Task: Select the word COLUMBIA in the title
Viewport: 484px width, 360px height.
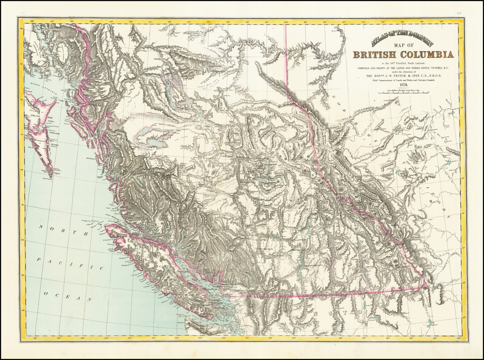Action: [x=427, y=55]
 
